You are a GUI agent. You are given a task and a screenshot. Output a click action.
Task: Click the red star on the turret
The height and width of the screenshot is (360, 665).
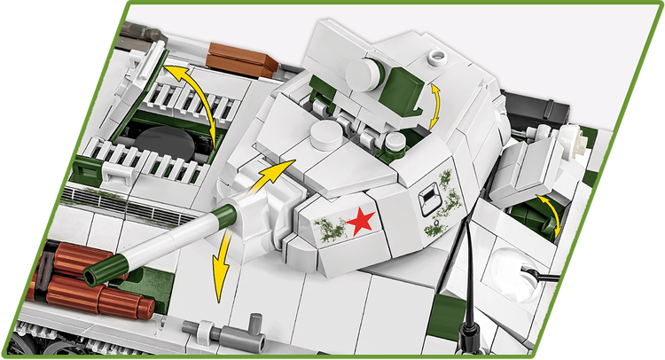[x=359, y=222]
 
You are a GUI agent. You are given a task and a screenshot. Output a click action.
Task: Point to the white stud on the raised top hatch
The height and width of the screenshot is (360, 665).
[x=435, y=57]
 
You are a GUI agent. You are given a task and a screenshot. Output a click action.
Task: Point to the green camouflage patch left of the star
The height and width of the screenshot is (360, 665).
[x=328, y=228]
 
